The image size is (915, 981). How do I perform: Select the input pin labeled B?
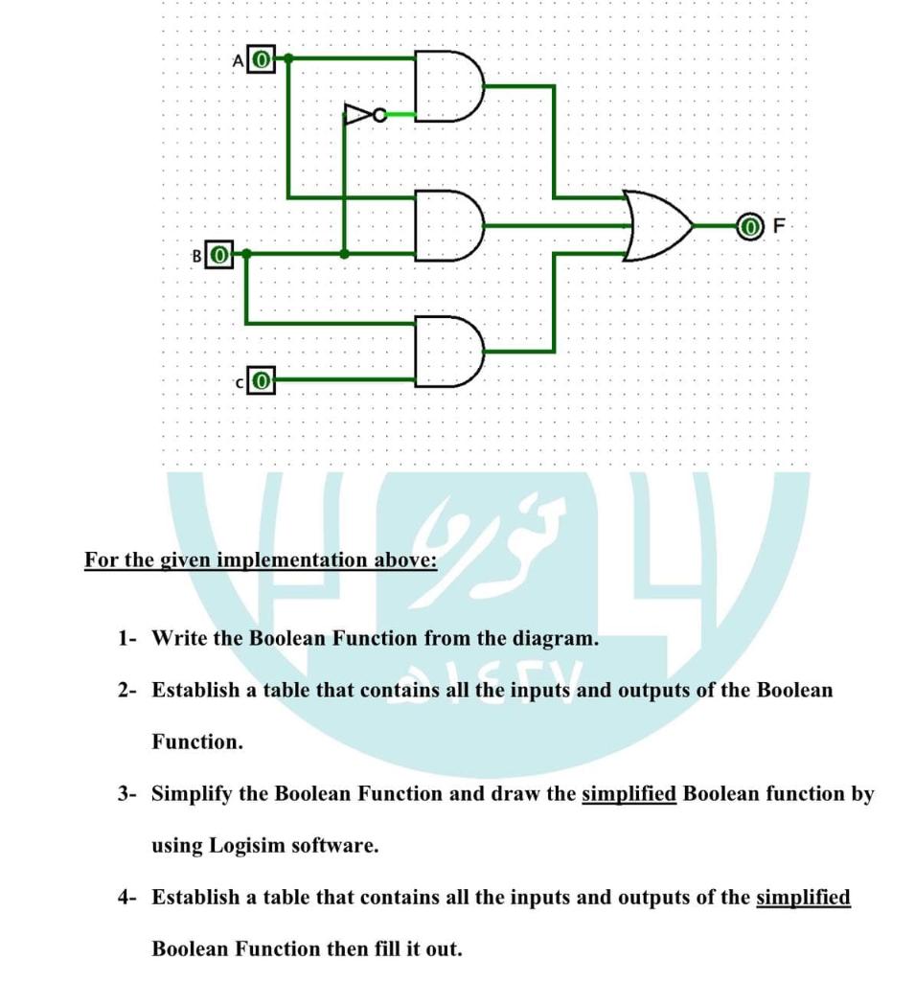coord(219,255)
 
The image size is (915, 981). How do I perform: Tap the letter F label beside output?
coord(778,227)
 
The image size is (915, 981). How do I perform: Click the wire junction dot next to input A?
coord(288,57)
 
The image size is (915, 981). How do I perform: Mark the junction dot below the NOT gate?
coord(345,254)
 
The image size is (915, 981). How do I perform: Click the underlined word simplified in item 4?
coord(803,898)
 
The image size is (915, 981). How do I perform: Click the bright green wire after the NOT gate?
coord(401,116)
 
